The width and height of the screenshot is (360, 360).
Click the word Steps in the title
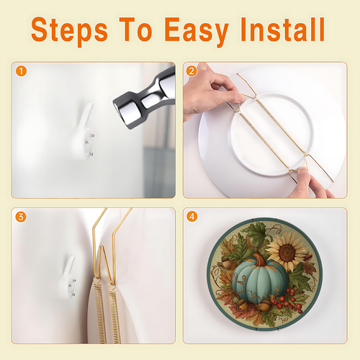click(69, 31)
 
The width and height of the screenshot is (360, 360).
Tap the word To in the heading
click(136, 29)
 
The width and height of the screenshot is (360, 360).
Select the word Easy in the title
click(197, 31)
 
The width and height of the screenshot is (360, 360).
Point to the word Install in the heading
click(283, 29)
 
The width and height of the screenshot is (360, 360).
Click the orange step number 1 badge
click(21, 71)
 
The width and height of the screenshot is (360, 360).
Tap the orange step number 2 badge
click(192, 71)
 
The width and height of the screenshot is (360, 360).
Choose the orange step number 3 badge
click(21, 217)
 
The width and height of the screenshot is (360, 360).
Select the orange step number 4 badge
click(192, 217)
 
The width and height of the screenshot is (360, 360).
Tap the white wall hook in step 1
click(83, 131)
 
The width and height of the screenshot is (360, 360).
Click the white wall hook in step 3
click(68, 277)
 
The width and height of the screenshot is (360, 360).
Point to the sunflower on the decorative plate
click(287, 252)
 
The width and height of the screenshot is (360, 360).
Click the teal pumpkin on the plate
click(260, 279)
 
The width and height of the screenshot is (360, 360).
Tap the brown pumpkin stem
click(260, 260)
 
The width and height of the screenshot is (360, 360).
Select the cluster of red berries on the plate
click(287, 300)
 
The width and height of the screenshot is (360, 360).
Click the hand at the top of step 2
click(211, 92)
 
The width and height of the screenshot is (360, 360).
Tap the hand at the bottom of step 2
click(310, 184)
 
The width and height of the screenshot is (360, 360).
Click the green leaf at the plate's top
click(256, 232)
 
